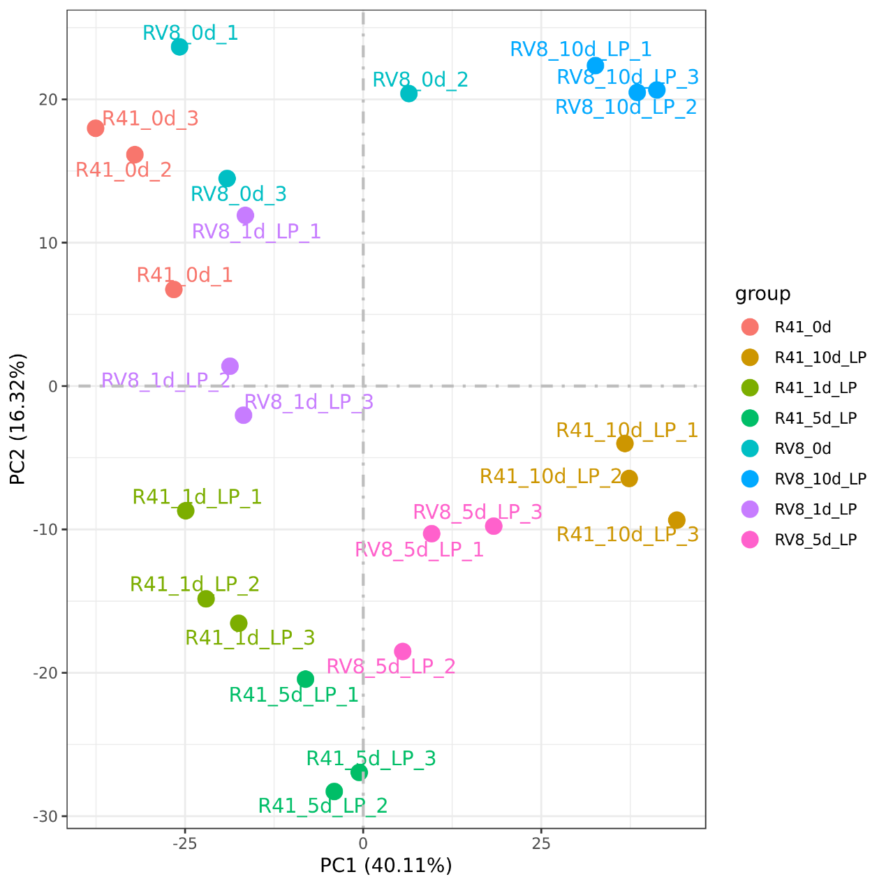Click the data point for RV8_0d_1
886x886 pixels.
179,47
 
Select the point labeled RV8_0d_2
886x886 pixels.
409,94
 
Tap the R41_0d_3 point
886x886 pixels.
96,128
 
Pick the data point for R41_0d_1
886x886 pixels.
174,289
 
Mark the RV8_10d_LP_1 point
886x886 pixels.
596,66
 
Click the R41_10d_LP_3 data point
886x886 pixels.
677,520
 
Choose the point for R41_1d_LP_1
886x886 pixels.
186,510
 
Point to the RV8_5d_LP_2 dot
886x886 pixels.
403,651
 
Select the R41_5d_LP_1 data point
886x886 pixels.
305,679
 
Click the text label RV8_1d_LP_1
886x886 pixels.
256,232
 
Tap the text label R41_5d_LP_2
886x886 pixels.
323,806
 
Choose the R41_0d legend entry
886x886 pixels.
803,327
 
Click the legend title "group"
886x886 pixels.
762,294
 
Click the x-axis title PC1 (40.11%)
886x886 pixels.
386,866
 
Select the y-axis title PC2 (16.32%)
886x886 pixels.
18,419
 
